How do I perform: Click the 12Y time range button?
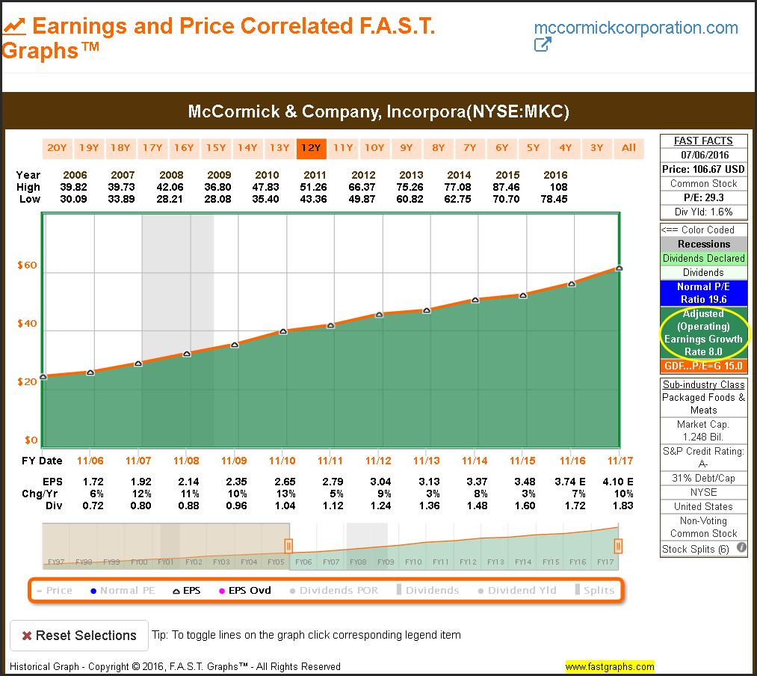coord(310,147)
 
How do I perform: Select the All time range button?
coord(628,147)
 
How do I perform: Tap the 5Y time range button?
coord(533,147)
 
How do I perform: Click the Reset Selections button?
coord(78,636)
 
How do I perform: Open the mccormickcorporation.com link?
coord(636,28)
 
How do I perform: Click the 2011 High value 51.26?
coord(330,187)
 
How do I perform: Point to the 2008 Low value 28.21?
coord(172,199)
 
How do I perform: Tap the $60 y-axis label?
coord(28,265)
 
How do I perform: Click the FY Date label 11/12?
coord(378,461)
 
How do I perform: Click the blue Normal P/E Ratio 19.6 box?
coord(703,293)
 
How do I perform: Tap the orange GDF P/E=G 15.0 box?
coord(703,366)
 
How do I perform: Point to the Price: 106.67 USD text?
coord(703,169)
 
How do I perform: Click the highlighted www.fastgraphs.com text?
coord(609,666)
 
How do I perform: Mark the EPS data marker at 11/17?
coord(619,268)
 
